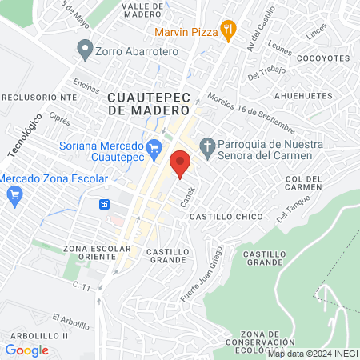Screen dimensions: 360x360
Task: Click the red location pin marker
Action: [181, 163]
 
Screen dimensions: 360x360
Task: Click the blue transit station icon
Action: [105, 204]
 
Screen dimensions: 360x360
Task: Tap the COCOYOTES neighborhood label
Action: [322, 58]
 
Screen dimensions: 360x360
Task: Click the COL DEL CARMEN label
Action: [303, 183]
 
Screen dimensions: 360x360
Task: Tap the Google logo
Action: [26, 350]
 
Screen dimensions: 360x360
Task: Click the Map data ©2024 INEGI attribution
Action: [312, 354]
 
